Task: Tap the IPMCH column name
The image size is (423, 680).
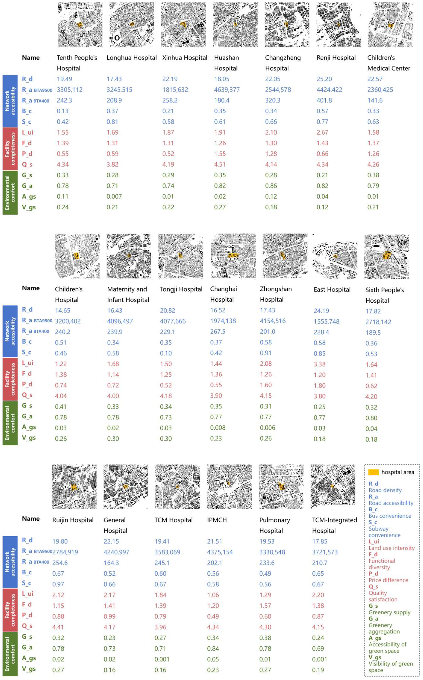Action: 217,520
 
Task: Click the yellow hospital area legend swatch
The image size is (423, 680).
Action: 373,472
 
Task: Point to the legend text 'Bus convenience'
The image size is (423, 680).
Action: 390,516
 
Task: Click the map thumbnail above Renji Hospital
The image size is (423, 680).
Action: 338,25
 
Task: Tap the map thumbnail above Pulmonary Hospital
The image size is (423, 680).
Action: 281,487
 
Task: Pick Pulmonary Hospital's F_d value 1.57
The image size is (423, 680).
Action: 265,606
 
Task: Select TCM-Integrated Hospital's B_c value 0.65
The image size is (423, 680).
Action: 318,574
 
